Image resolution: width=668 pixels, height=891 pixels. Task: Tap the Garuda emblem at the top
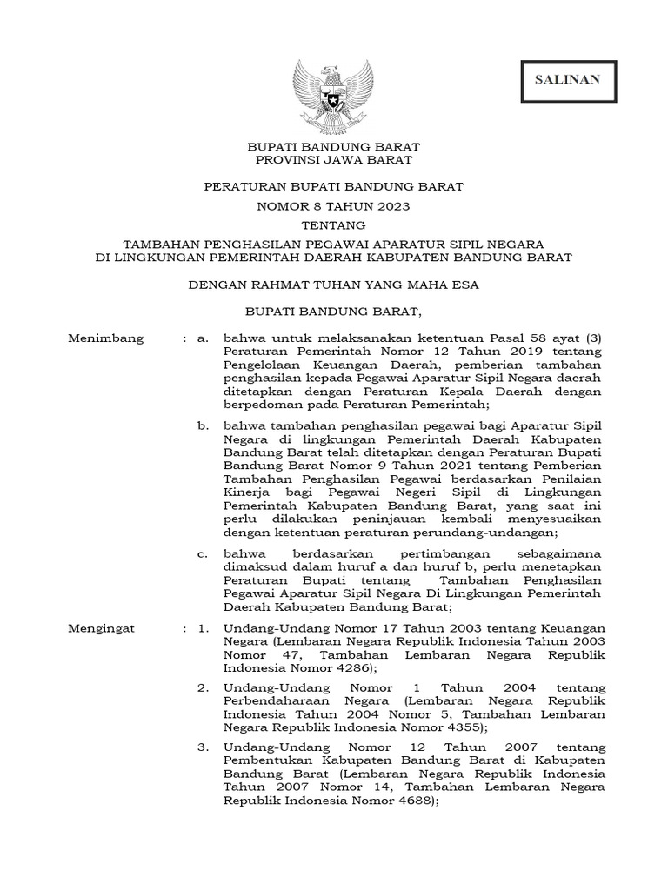(333, 91)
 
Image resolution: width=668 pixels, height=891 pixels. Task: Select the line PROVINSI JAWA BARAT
(334, 160)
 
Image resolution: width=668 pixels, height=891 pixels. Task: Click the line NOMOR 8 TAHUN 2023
(334, 206)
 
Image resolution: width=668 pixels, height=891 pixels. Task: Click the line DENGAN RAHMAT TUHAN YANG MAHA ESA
(334, 284)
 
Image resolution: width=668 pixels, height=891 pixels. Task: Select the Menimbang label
(105, 338)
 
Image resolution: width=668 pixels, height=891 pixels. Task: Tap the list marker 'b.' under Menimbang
(203, 425)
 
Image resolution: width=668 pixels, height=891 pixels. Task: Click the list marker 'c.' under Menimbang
(203, 553)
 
